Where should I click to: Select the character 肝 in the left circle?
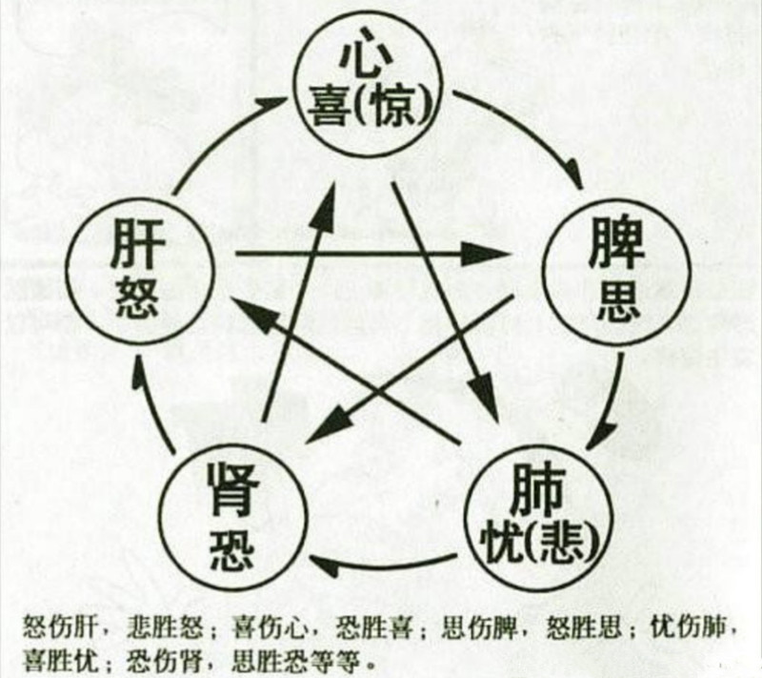(x=137, y=243)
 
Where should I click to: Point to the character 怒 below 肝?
(x=137, y=298)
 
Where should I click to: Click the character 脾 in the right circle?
(x=616, y=243)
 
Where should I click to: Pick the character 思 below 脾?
(x=617, y=301)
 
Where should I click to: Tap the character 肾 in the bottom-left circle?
(x=233, y=489)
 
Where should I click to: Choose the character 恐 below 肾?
(x=232, y=549)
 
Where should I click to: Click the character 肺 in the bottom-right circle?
(x=538, y=489)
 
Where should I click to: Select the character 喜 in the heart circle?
(x=330, y=108)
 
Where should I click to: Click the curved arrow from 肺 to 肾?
(x=384, y=565)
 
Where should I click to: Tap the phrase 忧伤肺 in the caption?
(x=688, y=627)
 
